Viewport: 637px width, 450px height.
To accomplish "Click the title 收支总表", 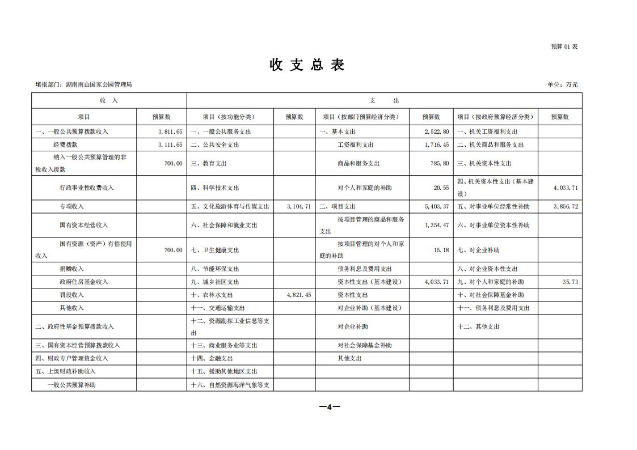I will click(307, 65).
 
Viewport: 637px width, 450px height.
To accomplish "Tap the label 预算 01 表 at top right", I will click(564, 46).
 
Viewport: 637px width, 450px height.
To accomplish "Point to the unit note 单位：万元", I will click(562, 84).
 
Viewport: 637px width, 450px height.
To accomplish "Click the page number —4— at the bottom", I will click(329, 406).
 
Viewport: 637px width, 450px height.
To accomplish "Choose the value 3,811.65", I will click(170, 131).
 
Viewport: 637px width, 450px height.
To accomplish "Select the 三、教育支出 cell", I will click(209, 163).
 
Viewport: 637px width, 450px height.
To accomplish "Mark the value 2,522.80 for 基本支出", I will click(437, 131).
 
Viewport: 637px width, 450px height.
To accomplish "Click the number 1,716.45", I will click(437, 145).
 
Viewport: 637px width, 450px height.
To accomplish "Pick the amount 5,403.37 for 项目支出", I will click(437, 206).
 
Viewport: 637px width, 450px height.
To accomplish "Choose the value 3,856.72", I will click(566, 206).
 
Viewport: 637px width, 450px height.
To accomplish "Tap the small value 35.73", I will click(570, 282).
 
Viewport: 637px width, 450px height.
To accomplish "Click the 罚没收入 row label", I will click(71, 295).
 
